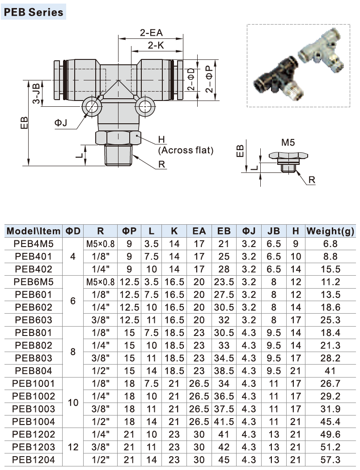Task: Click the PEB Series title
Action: click(x=34, y=12)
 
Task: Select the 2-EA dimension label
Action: click(x=151, y=33)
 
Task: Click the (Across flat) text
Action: click(x=186, y=150)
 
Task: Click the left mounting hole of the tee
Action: click(x=93, y=106)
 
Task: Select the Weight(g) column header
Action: click(x=330, y=231)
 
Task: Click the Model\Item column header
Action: click(x=33, y=231)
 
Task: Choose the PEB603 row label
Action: click(x=33, y=320)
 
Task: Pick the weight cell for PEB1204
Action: click(x=330, y=459)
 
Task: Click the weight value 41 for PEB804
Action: click(x=330, y=370)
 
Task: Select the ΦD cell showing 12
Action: click(x=74, y=447)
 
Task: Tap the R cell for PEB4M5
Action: click(x=100, y=244)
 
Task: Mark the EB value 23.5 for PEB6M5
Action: click(x=224, y=282)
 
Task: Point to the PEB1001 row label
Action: click(x=33, y=383)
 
